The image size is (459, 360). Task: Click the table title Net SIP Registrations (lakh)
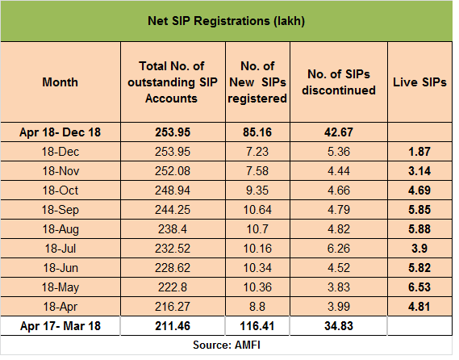(x=227, y=20)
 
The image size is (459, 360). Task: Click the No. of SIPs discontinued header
(x=338, y=82)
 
